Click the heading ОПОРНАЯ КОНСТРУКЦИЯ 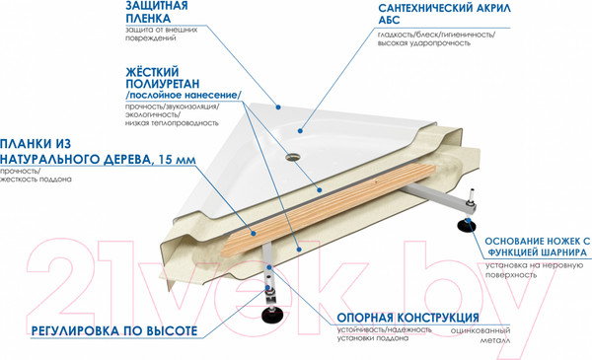(401, 319)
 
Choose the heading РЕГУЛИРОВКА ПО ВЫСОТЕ (114, 329)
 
